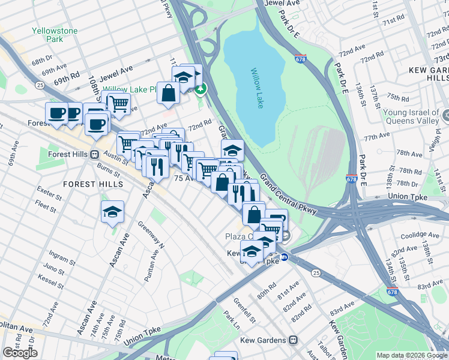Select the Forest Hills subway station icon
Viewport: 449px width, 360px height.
click(94, 153)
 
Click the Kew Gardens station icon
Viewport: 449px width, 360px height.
click(292, 340)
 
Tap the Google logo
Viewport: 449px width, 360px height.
click(20, 352)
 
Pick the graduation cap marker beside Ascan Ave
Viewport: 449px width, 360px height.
click(112, 211)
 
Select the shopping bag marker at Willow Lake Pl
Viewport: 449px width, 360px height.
click(169, 93)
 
